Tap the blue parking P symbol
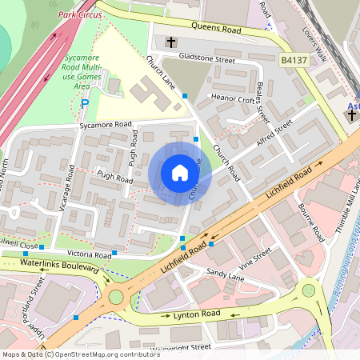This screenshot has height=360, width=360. point(86,102)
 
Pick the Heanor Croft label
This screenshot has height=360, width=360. point(232,99)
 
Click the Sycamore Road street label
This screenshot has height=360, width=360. point(105,125)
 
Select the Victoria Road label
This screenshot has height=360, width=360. point(90,254)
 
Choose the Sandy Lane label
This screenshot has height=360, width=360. point(225,274)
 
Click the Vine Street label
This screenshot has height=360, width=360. point(255,258)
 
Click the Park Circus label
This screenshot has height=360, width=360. point(79,14)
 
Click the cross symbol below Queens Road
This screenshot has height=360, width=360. point(171,41)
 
